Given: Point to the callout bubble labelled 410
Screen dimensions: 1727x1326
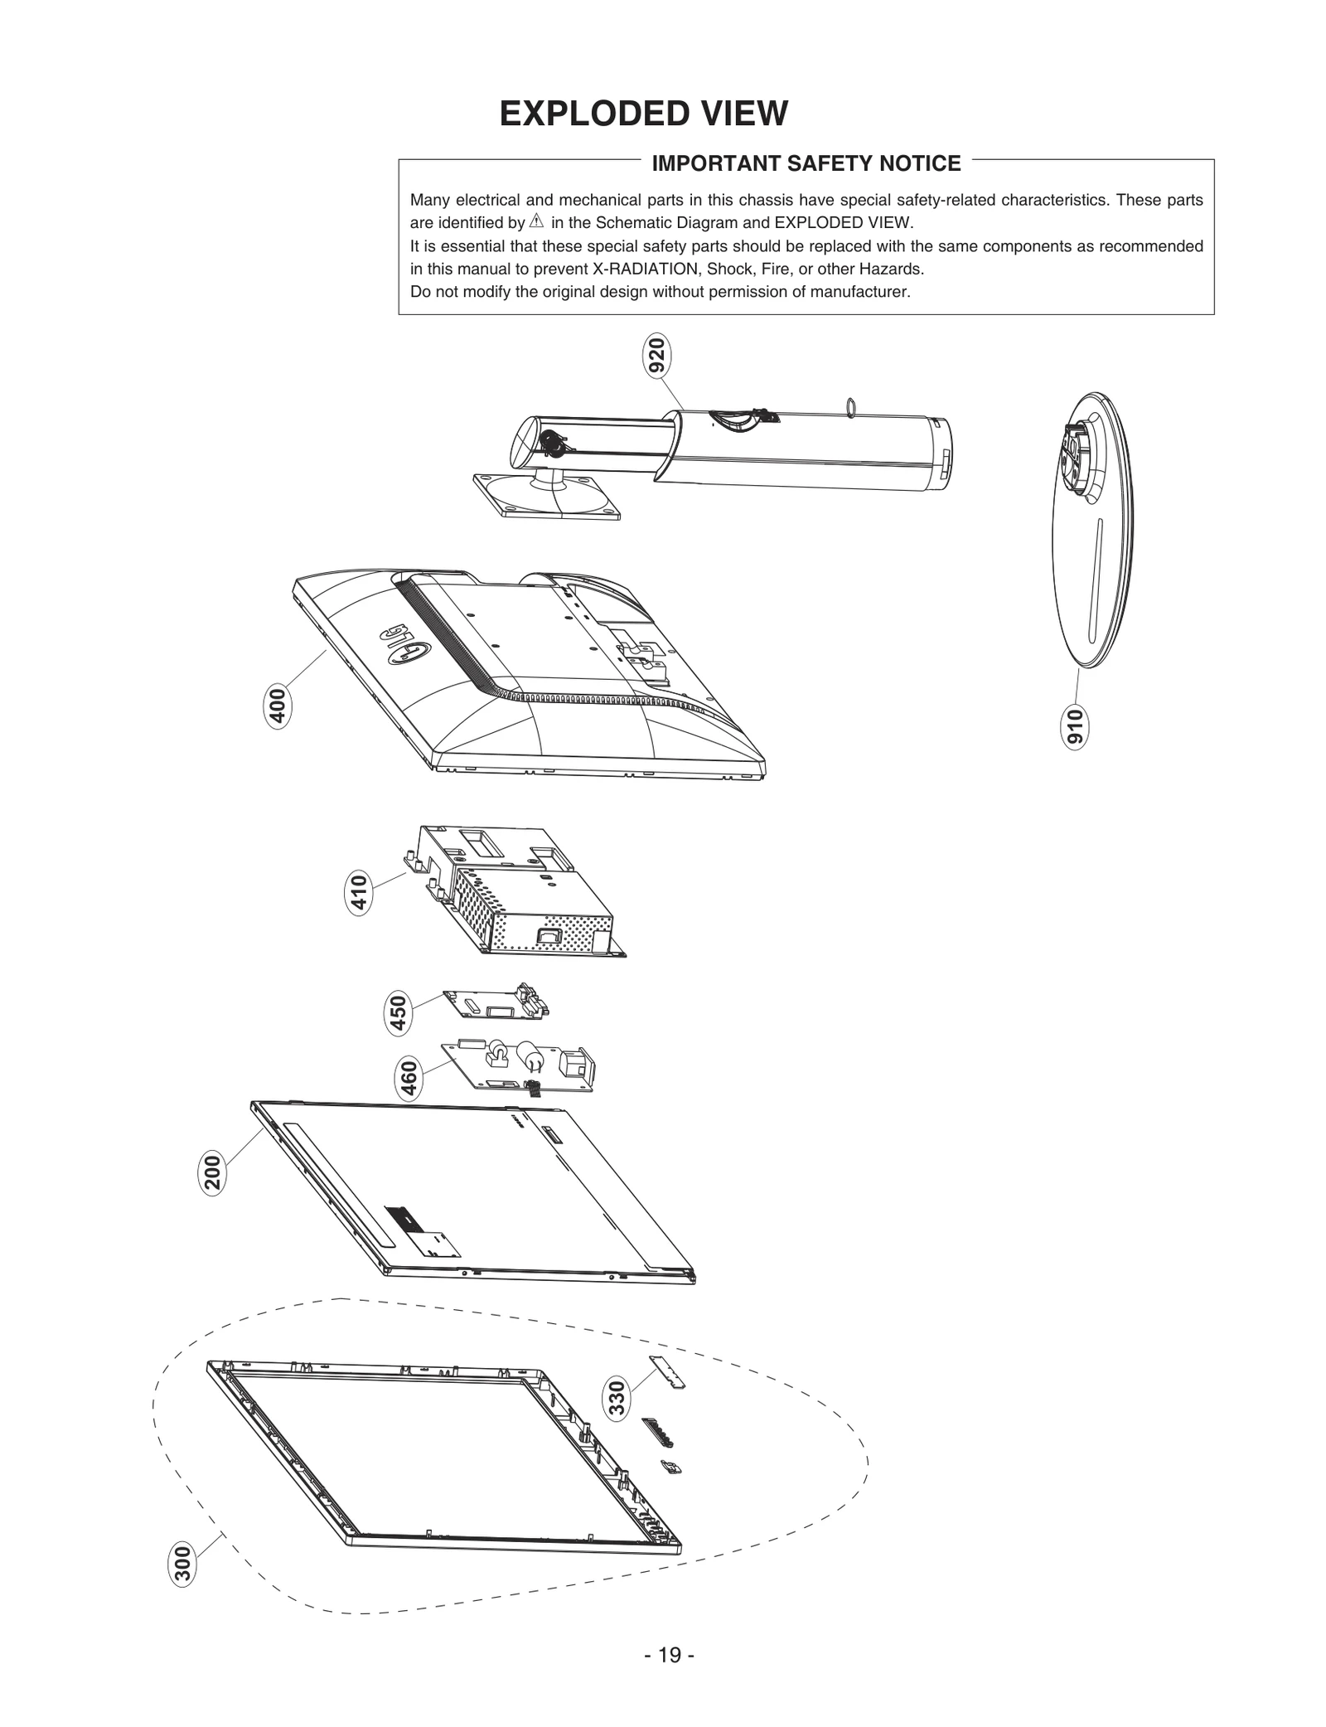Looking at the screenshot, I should pyautogui.click(x=358, y=893).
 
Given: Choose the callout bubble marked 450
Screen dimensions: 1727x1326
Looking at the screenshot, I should pyautogui.click(x=399, y=1014).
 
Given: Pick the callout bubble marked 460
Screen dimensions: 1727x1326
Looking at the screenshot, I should pyautogui.click(x=409, y=1079).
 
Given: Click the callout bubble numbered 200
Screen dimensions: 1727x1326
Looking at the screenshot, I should pyautogui.click(x=212, y=1172).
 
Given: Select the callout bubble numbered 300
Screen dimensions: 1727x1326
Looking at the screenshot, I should pyautogui.click(x=182, y=1564).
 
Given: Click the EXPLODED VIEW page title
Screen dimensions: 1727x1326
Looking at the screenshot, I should pyautogui.click(x=643, y=114).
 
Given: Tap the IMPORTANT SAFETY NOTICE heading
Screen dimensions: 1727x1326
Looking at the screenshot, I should pyautogui.click(x=806, y=163).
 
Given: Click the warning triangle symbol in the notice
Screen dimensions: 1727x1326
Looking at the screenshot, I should pyautogui.click(x=535, y=222).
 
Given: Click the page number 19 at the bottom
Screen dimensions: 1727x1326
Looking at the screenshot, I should pyautogui.click(x=669, y=1678).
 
